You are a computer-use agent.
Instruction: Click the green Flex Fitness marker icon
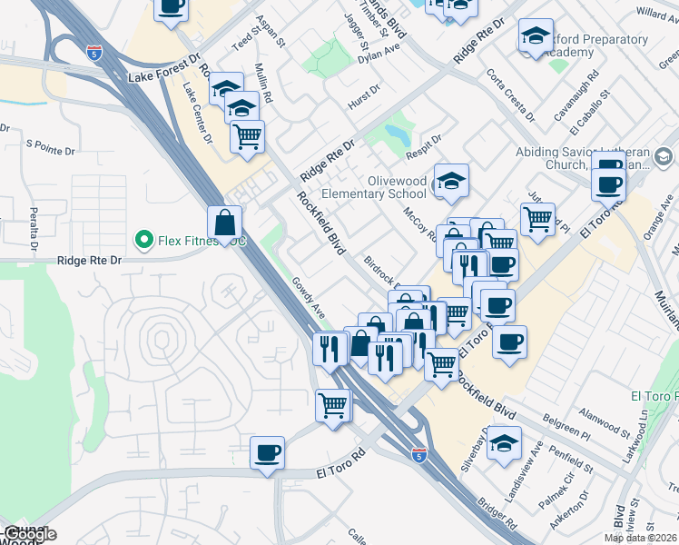(143, 241)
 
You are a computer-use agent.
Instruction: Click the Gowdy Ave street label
(309, 298)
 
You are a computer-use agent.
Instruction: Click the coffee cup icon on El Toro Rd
(267, 453)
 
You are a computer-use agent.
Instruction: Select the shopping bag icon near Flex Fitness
(224, 223)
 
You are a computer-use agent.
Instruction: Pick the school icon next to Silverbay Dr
(503, 444)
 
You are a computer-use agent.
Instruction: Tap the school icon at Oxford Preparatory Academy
(536, 38)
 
